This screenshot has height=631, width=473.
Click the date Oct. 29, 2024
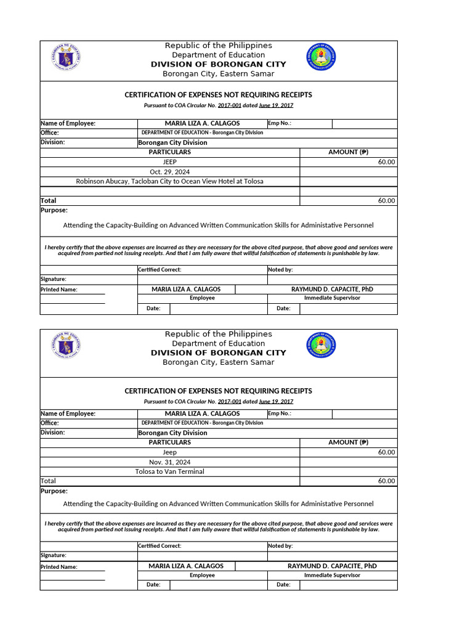[x=169, y=171]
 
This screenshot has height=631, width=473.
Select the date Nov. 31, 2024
[x=169, y=462]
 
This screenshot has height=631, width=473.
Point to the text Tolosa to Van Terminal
[x=169, y=471]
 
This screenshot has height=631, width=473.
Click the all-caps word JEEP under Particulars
[x=169, y=161]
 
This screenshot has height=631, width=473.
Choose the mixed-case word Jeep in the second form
[x=169, y=452]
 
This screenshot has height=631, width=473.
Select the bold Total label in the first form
[x=48, y=200]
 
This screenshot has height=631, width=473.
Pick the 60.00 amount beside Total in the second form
[x=387, y=481]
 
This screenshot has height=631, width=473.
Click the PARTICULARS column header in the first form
[x=169, y=152]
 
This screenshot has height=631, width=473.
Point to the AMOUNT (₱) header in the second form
[x=349, y=442]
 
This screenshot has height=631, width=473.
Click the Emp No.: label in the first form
[x=279, y=123]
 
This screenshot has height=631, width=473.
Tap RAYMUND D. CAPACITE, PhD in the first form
[x=332, y=289]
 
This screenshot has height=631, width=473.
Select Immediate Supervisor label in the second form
[x=332, y=575]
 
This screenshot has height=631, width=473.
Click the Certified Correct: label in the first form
[x=160, y=269]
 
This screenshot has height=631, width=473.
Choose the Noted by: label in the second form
[x=280, y=545]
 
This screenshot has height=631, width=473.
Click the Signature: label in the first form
[x=53, y=279]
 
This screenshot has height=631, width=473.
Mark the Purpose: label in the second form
[x=54, y=491]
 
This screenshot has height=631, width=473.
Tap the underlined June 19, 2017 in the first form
[x=276, y=106]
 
